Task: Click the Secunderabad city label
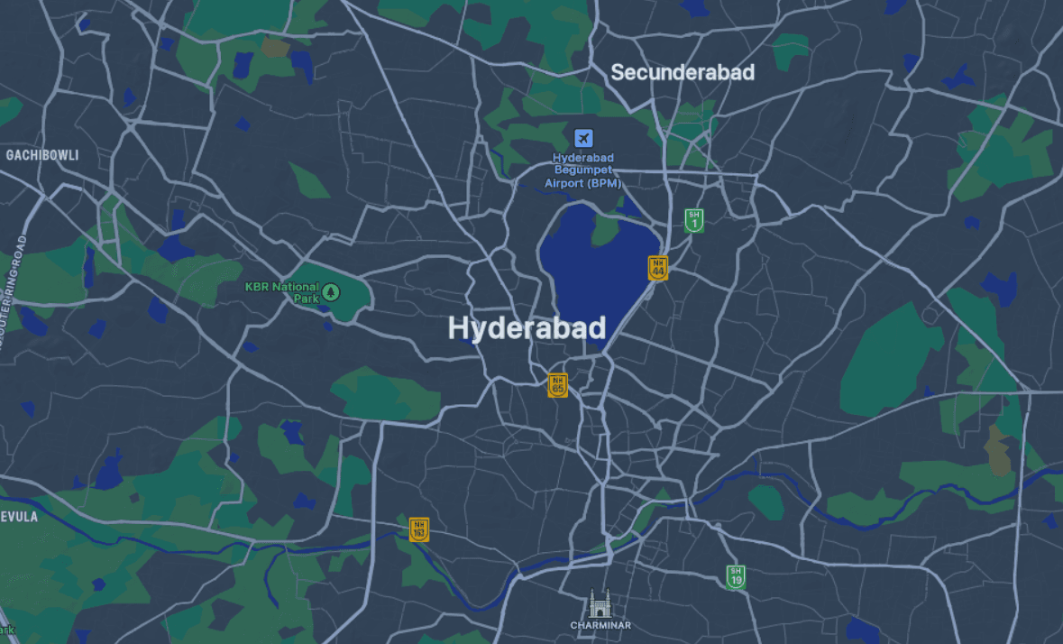pos(683,73)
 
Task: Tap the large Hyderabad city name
pos(527,328)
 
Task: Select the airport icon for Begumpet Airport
pos(583,139)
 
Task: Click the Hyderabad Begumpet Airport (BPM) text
pos(583,170)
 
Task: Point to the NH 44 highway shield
pos(658,268)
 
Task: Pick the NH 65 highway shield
pos(558,385)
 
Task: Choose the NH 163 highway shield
pos(418,529)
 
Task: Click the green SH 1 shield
pos(693,220)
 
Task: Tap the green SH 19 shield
pos(736,576)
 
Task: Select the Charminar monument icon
pos(600,603)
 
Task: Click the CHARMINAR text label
pos(600,625)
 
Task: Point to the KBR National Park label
pos(282,291)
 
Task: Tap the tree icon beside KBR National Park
pos(332,291)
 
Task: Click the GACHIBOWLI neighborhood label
pos(42,155)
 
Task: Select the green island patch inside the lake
pos(606,230)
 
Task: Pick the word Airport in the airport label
pos(564,183)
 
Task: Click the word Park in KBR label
pos(307,298)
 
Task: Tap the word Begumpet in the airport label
pos(583,170)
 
